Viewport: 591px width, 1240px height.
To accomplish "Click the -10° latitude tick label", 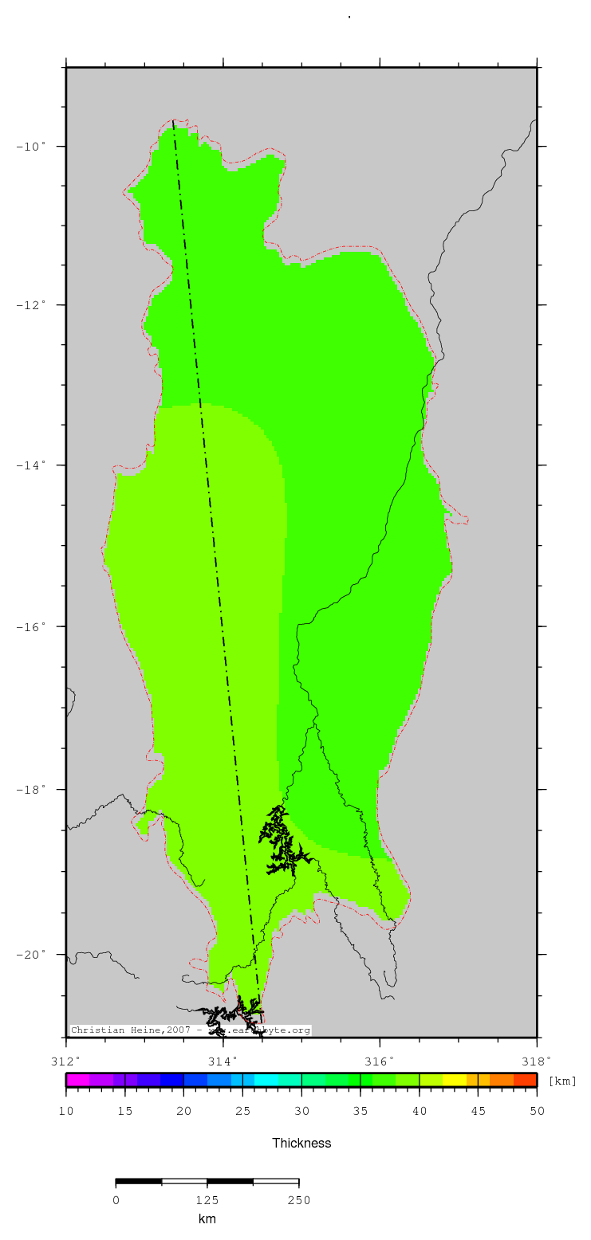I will click(x=34, y=147).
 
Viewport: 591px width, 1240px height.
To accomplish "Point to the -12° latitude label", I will click(x=34, y=305).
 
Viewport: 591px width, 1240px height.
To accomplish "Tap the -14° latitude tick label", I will click(x=34, y=465).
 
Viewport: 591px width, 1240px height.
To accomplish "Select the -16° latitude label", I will click(x=34, y=626).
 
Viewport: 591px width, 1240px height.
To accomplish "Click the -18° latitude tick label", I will click(x=34, y=790).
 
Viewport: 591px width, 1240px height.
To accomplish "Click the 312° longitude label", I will click(x=66, y=1061).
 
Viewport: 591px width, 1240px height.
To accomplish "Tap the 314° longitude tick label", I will click(x=223, y=1061).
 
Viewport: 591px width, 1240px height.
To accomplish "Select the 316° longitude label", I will click(x=380, y=1061).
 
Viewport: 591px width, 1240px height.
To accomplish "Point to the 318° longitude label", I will click(x=537, y=1061).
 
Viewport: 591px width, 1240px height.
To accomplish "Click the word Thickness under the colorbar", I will click(x=301, y=1143).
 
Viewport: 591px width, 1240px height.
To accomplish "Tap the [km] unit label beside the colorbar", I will click(x=562, y=1081).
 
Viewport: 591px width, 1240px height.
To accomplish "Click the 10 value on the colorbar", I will click(x=66, y=1111).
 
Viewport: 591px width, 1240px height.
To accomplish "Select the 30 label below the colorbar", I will click(x=301, y=1111).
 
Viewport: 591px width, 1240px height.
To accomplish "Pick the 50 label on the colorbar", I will click(x=537, y=1111).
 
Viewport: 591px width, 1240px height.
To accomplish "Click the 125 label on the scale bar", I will click(x=207, y=1200).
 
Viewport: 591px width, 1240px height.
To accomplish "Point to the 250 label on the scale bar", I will click(x=299, y=1200).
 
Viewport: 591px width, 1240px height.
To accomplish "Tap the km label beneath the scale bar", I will click(x=207, y=1219).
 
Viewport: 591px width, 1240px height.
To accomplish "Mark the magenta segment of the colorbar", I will click(x=77, y=1080).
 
